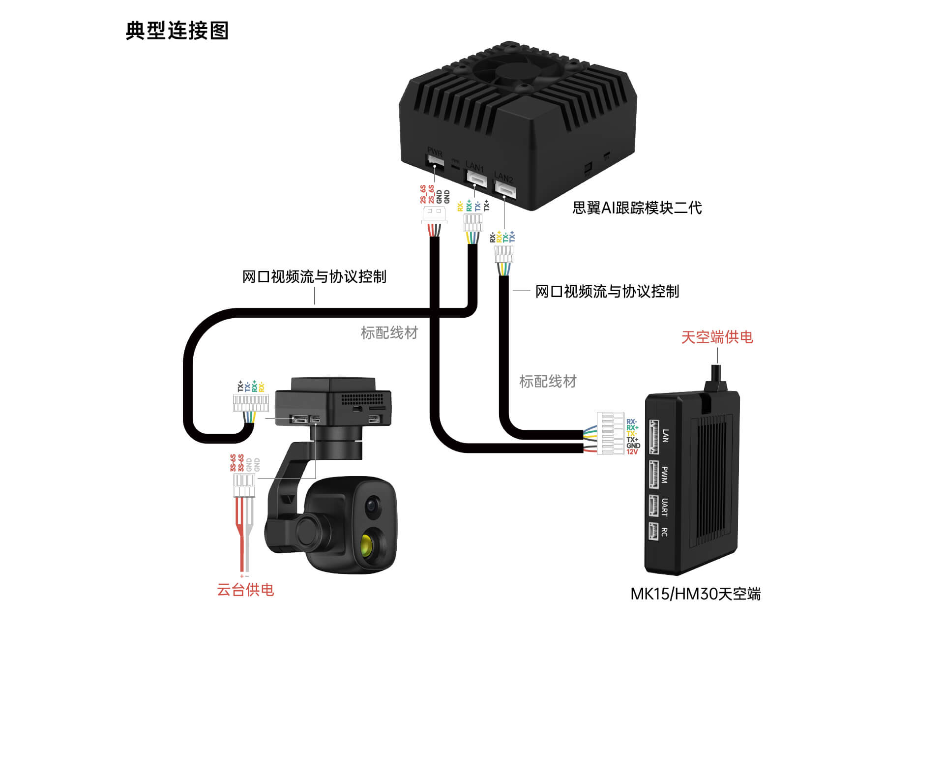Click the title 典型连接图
tap(177, 30)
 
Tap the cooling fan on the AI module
tap(519, 74)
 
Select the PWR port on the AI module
tap(435, 161)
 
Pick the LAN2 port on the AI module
tap(505, 188)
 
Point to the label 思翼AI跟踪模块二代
tap(637, 208)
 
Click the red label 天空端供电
tap(717, 337)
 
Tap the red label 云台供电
tap(245, 589)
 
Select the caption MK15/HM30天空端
tap(695, 594)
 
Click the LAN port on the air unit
tap(654, 436)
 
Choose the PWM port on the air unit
tap(653, 475)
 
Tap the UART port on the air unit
tap(653, 506)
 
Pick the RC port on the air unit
tap(653, 531)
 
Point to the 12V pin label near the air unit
tap(632, 452)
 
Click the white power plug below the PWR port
tap(434, 215)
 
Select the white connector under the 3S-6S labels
tap(244, 485)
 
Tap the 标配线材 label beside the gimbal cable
tap(389, 333)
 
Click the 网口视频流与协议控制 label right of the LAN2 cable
tap(607, 291)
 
